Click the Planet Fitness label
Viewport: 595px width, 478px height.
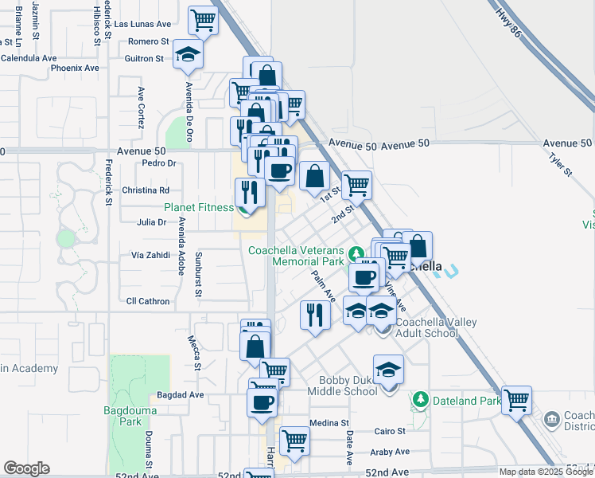tap(199, 207)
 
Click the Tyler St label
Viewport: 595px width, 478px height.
tap(561, 163)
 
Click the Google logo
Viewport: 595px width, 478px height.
tap(26, 468)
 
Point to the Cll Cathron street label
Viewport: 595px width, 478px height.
tap(149, 301)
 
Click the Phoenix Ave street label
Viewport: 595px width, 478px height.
tap(75, 68)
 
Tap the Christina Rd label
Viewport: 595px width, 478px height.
tap(145, 190)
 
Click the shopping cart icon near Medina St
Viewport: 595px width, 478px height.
tap(294, 440)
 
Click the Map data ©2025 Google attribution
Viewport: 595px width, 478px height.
tap(546, 472)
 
